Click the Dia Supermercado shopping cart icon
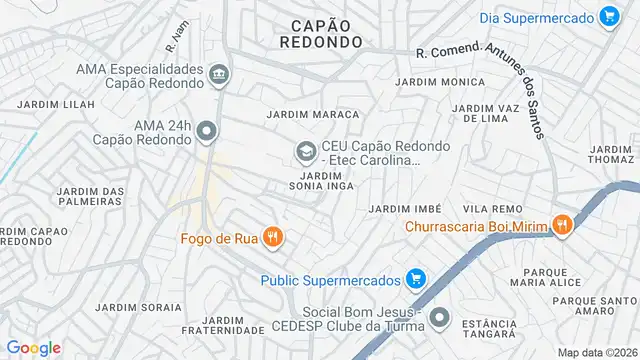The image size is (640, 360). tap(608, 16)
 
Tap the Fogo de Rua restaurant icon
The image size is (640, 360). tap(272, 238)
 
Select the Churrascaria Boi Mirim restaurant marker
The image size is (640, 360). tap(562, 226)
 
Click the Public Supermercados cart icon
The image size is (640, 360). tap(416, 279)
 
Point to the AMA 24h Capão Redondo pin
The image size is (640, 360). tap(207, 130)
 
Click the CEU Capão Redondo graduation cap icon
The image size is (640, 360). tap(305, 152)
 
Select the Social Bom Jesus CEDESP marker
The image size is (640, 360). tap(438, 318)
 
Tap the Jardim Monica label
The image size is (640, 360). tap(426, 81)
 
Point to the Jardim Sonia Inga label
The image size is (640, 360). tap(321, 181)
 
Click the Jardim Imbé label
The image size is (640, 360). tap(405, 208)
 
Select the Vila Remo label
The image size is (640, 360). tap(489, 208)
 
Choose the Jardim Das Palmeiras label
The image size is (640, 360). tap(90, 196)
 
